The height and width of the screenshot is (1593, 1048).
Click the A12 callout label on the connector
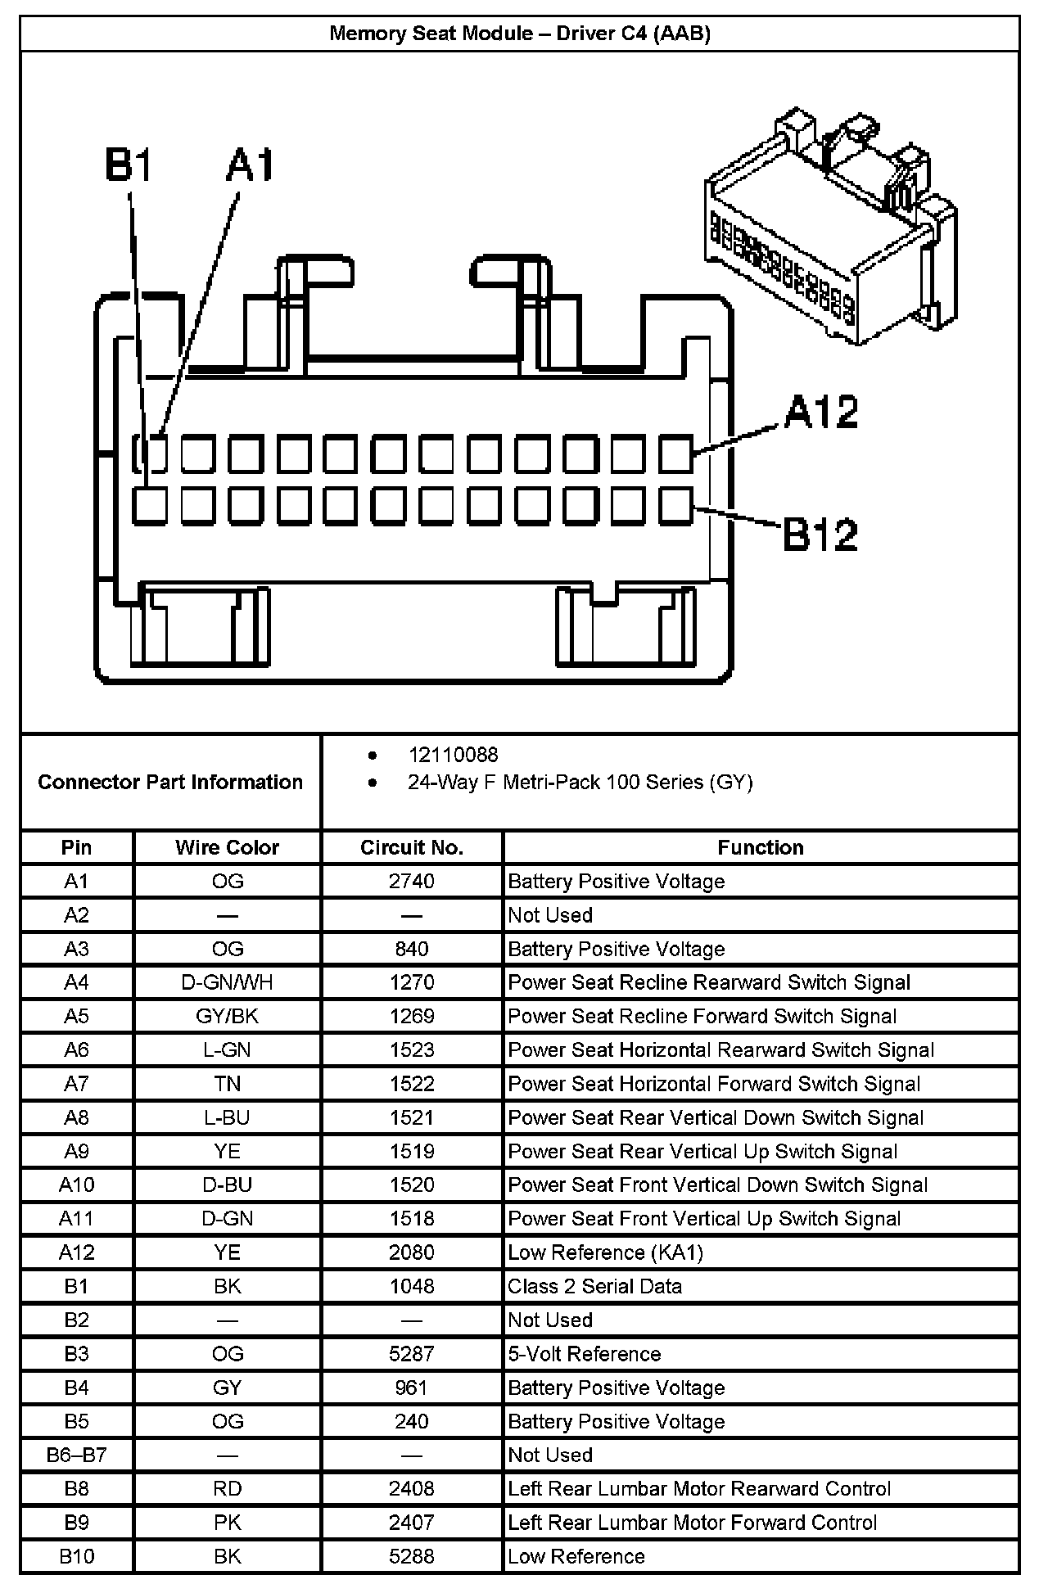[821, 412]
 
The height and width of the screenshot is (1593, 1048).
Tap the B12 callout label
[820, 535]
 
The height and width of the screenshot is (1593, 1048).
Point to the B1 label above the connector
[129, 165]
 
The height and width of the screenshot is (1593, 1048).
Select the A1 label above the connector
[251, 165]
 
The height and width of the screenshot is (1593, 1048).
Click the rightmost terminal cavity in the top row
[675, 454]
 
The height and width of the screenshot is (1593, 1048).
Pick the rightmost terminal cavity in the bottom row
[675, 505]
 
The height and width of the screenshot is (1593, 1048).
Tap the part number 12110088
[453, 755]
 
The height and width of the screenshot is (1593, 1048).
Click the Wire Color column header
[227, 847]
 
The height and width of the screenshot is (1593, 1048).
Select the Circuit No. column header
[412, 847]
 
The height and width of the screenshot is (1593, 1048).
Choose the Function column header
[761, 847]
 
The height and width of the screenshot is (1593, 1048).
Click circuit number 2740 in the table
[412, 882]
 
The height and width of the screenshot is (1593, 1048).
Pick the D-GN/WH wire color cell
[227, 982]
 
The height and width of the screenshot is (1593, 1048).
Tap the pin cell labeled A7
[76, 1084]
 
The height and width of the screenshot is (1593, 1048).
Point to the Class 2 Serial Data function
[595, 1286]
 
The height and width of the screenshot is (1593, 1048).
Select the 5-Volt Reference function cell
[585, 1354]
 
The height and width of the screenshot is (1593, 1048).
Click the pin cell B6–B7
[76, 1455]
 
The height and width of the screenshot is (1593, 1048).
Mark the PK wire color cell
[227, 1523]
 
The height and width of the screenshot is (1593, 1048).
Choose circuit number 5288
[412, 1556]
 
